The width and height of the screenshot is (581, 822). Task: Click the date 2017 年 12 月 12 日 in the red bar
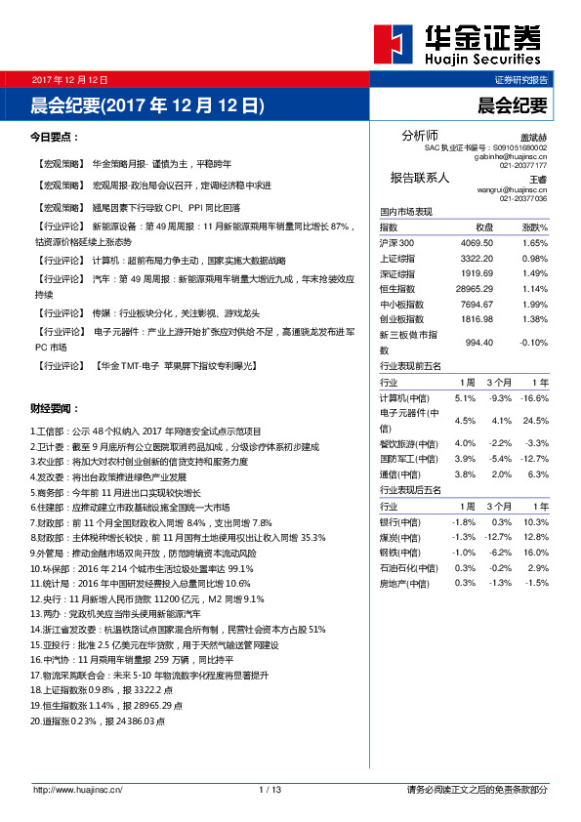(x=68, y=79)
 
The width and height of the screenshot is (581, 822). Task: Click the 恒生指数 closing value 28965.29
(x=473, y=289)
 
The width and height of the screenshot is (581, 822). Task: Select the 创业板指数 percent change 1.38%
(x=535, y=319)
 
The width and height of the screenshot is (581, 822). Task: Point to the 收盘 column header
(x=484, y=226)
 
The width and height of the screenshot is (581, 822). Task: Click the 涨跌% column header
(x=534, y=226)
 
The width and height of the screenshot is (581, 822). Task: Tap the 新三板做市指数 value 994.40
(x=479, y=343)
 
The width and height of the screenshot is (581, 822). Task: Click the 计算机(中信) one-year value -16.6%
(x=534, y=398)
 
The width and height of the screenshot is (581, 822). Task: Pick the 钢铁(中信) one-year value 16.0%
(x=536, y=553)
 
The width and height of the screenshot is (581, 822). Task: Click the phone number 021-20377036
(x=524, y=198)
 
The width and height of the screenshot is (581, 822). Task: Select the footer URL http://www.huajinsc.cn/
(x=77, y=789)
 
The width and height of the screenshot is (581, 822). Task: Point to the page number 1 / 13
(x=270, y=789)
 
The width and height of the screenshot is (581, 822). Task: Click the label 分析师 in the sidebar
(x=420, y=135)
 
